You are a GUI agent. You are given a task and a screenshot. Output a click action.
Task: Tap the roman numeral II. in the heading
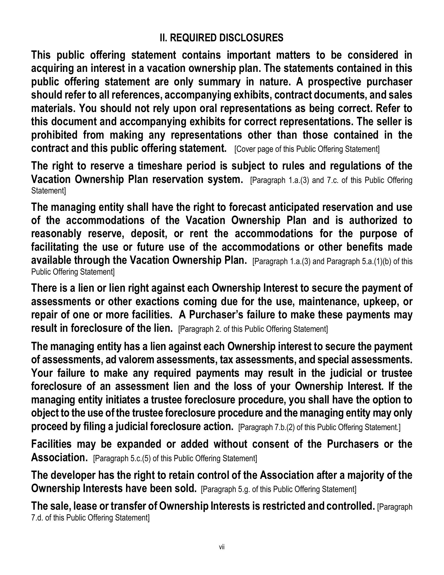click(x=163, y=38)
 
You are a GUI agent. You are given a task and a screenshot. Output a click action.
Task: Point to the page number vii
click(x=222, y=547)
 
